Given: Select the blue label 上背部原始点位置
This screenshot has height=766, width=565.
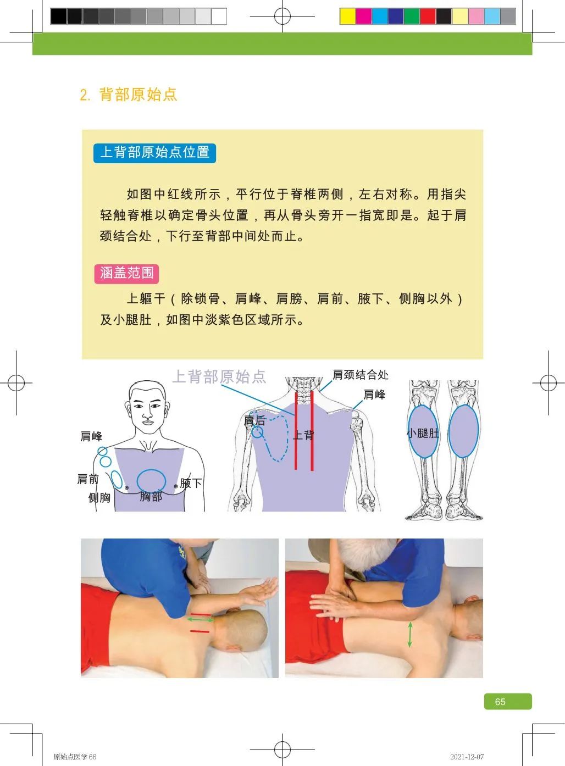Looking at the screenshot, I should coord(154,152).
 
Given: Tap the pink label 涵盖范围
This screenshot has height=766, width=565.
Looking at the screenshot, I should coord(126,273).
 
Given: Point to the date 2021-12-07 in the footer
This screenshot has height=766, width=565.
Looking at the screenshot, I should coord(467,757).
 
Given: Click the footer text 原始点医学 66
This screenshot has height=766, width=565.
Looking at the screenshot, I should coord(75,757).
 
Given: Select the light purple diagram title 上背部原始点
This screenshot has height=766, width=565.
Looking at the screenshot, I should coord(219,376).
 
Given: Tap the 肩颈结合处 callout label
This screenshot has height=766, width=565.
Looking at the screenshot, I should coord(360,375).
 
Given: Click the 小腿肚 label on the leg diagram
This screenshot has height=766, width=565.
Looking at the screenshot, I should coord(423,433).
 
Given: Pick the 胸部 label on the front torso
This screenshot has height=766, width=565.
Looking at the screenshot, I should coord(151,497).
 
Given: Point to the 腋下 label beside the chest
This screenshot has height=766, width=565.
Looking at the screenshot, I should coord(191,484).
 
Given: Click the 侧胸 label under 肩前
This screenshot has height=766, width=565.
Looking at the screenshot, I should coord(99,498).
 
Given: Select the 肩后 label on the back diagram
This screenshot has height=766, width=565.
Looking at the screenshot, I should coord(254,421).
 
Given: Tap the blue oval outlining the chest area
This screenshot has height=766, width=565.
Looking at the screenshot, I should coord(151,480).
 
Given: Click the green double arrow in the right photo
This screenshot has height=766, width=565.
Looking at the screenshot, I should coord(409,634).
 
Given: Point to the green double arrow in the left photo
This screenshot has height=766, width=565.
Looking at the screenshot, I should coord(201,619).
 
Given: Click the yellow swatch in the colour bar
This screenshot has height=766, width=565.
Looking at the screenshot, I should coord(347,16).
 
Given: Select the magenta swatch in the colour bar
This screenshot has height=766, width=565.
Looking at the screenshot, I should coord(363,16).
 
